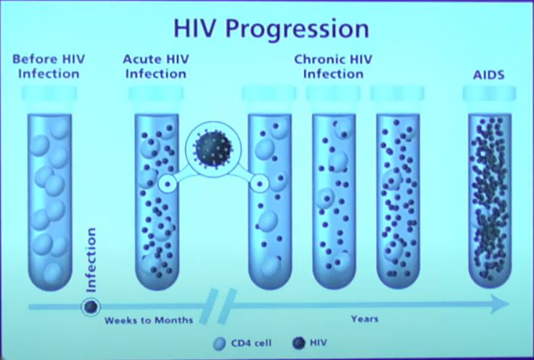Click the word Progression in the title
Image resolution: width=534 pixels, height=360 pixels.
click(x=297, y=29)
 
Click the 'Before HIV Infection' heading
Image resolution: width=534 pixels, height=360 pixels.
click(x=49, y=67)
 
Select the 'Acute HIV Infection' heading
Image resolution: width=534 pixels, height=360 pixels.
click(x=156, y=67)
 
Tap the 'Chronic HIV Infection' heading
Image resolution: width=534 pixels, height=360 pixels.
click(x=333, y=67)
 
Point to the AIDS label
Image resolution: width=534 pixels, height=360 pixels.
click(x=488, y=75)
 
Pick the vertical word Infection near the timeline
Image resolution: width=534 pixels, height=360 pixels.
click(x=91, y=261)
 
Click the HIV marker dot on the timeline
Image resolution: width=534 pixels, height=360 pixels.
click(x=91, y=307)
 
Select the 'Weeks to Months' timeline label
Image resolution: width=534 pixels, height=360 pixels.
click(x=149, y=321)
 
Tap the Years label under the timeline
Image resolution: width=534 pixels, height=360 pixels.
click(x=364, y=319)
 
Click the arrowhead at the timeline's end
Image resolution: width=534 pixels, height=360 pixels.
click(x=500, y=303)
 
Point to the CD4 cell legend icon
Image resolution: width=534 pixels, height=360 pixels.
click(x=219, y=343)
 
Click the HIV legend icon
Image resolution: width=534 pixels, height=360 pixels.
click(x=299, y=343)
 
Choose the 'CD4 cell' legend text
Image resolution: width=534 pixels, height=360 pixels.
click(x=251, y=343)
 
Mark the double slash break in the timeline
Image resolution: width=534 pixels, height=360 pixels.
click(x=218, y=306)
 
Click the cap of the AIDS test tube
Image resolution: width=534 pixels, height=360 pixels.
click(x=489, y=94)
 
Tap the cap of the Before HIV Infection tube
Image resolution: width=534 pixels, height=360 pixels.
click(x=49, y=94)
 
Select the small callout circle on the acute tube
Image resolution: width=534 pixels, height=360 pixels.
click(x=167, y=184)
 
